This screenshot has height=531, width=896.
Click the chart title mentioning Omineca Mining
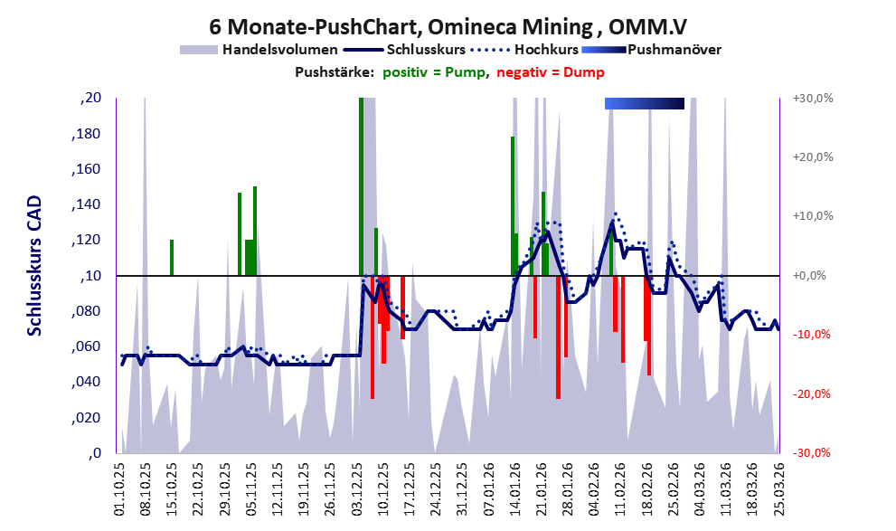tap(448, 26)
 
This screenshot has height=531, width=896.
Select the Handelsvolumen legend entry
tap(259, 50)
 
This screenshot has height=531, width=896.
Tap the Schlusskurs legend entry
tap(404, 50)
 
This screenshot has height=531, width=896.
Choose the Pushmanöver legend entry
tap(651, 50)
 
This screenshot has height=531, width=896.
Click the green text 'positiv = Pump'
tap(434, 72)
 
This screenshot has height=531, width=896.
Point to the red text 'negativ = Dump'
tap(551, 72)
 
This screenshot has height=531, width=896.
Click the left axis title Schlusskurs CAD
tap(34, 266)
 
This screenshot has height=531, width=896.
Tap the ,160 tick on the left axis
tap(86, 169)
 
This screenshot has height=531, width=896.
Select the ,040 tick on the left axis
tap(86, 382)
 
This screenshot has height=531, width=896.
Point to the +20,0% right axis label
tap(813, 157)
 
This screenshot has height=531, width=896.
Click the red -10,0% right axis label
tap(811, 335)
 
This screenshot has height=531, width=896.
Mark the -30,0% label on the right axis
tap(811, 452)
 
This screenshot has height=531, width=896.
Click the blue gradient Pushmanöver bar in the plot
tap(645, 103)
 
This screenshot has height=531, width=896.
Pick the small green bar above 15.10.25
tap(172, 258)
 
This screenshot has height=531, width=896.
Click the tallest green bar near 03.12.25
tap(361, 187)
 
